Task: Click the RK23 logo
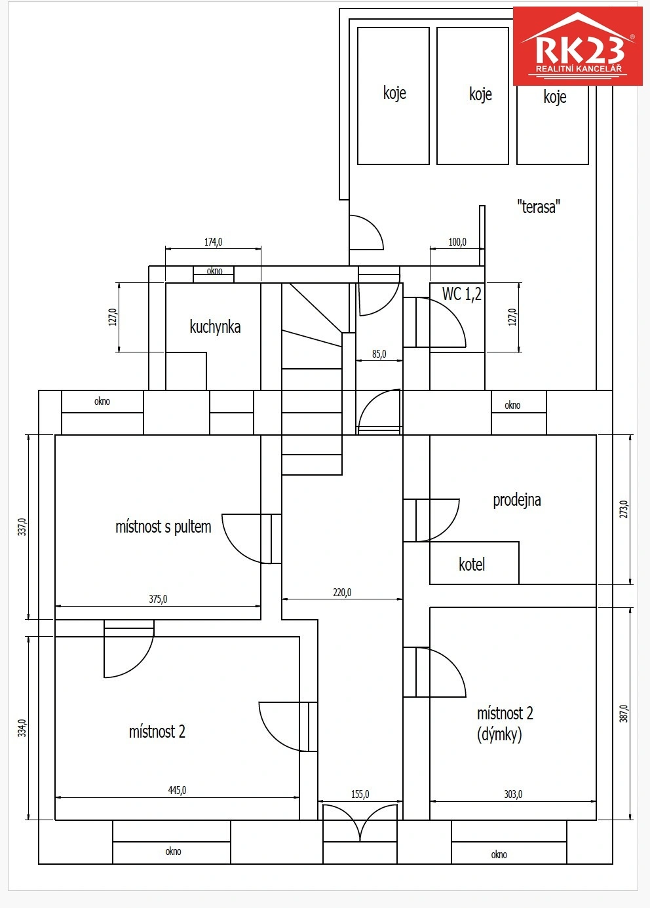[577, 46]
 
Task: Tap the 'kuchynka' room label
[215, 327]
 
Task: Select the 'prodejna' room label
[516, 501]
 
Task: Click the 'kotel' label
[472, 564]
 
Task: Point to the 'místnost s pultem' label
[163, 527]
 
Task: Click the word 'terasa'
[539, 207]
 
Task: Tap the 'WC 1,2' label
[461, 294]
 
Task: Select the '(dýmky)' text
[499, 734]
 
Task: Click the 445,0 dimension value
[177, 790]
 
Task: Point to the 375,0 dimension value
[158, 599]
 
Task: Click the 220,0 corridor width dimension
[342, 592]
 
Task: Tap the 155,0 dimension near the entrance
[360, 794]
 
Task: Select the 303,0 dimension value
[513, 794]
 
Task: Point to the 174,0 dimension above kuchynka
[213, 242]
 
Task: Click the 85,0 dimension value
[379, 354]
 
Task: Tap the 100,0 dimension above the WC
[457, 242]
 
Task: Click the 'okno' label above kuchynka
[214, 271]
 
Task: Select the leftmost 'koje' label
[394, 93]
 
